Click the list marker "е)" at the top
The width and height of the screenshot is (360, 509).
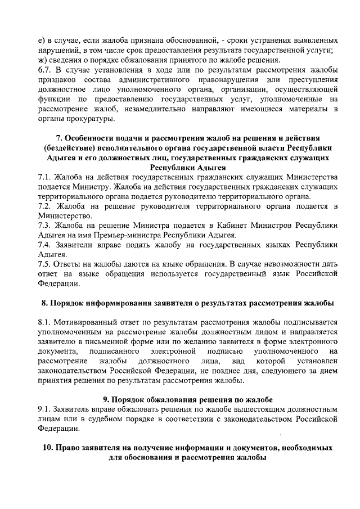pyautogui.click(x=41, y=41)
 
